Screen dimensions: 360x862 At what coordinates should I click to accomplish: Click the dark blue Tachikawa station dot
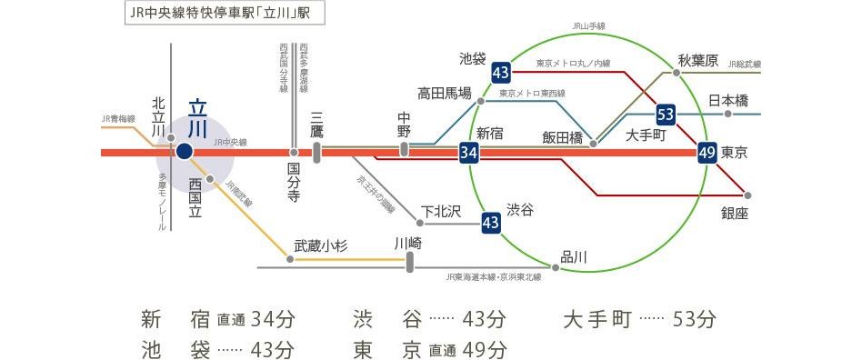[x=184, y=152]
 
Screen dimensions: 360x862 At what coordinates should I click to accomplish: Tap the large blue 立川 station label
[x=198, y=118]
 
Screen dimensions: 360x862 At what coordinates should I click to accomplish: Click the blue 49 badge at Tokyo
[x=707, y=153]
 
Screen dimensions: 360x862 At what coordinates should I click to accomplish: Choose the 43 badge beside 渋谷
[x=491, y=221]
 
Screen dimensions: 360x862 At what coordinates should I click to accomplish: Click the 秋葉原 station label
[x=698, y=61]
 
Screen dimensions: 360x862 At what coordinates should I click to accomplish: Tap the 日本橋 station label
[x=727, y=99]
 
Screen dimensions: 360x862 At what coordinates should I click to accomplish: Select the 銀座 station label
[x=735, y=213]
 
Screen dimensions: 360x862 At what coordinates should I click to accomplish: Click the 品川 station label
[x=574, y=257]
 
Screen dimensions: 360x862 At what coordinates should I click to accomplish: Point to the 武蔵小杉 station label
[x=322, y=245]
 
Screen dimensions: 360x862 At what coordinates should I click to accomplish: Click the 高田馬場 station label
[x=445, y=93]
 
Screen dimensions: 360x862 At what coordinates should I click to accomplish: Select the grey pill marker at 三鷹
[x=316, y=152]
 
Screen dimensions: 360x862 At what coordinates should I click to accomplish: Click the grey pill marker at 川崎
[x=410, y=262]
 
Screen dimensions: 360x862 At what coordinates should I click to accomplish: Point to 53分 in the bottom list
[x=695, y=319]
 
